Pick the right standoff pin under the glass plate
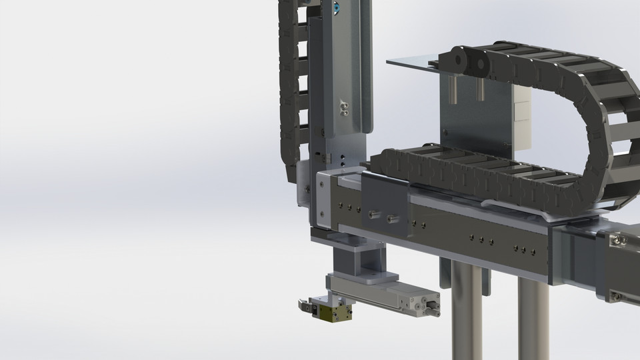pos(480,88)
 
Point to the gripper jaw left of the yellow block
pos(307,307)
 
